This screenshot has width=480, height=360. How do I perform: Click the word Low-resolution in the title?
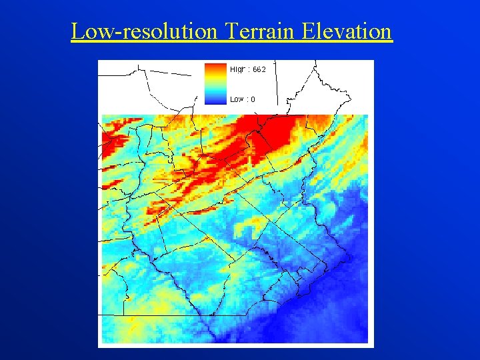coord(144,31)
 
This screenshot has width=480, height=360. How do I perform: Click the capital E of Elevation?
coord(308,31)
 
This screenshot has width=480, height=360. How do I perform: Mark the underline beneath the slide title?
coord(231,42)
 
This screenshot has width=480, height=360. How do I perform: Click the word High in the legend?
coord(237,69)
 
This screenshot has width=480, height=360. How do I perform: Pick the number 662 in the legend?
coord(259,69)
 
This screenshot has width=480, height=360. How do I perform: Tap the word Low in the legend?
coord(236,99)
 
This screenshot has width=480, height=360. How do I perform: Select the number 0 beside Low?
coord(253,99)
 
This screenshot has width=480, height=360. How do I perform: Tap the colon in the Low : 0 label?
coord(247,100)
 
